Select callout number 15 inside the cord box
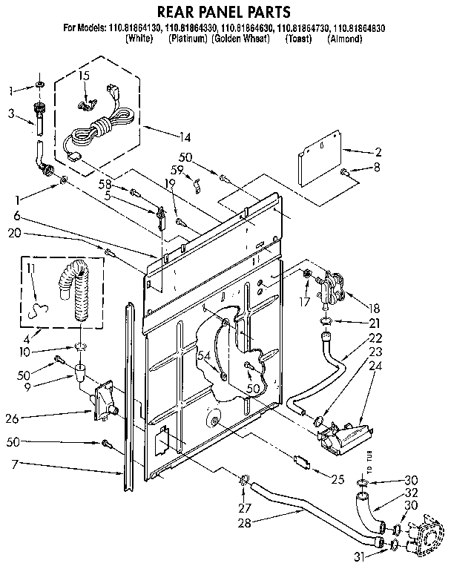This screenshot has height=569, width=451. pyautogui.click(x=84, y=76)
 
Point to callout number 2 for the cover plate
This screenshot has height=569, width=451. pyautogui.click(x=378, y=151)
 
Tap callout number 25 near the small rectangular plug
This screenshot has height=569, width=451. pyautogui.click(x=338, y=480)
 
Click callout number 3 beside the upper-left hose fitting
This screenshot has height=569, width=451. pyautogui.click(x=11, y=114)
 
